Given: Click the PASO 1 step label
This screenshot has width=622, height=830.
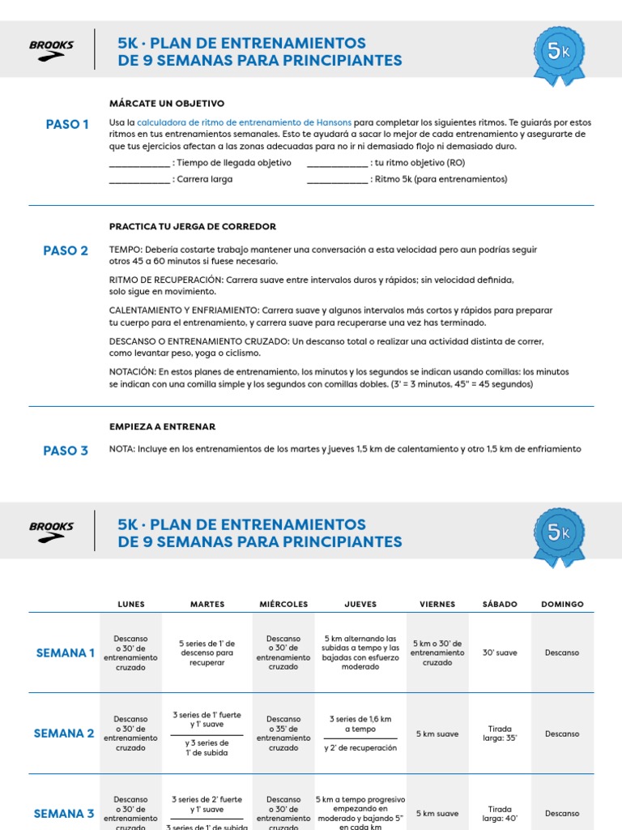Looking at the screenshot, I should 67,124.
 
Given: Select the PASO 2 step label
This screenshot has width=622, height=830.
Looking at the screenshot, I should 66,250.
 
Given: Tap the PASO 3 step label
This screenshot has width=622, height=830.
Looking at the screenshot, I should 66,451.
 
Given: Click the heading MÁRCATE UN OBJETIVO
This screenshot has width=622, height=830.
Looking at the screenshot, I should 167,103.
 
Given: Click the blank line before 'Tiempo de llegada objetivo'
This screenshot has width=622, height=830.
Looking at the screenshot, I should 139,163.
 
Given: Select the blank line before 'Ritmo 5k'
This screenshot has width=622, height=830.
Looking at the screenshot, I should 338,179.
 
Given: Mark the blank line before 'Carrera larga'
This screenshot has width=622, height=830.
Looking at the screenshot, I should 139,179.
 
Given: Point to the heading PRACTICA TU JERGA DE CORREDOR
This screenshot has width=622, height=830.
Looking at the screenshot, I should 193,226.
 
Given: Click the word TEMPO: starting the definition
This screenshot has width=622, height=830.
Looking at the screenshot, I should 126,250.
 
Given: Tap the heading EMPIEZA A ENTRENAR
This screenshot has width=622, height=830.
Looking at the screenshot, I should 163,426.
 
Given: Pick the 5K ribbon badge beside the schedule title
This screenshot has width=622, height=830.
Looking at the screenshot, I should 559,536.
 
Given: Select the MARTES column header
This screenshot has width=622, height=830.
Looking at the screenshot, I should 207,605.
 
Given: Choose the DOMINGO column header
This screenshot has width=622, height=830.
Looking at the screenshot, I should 562,605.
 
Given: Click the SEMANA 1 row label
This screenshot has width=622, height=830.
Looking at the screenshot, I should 66,652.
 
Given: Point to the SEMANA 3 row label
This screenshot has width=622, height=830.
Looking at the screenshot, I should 64,813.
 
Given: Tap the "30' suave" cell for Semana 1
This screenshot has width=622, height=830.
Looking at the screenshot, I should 500,652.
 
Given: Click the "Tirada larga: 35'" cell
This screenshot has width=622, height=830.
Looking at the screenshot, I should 500,734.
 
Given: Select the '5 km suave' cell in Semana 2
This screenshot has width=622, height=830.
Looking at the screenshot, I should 437,734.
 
